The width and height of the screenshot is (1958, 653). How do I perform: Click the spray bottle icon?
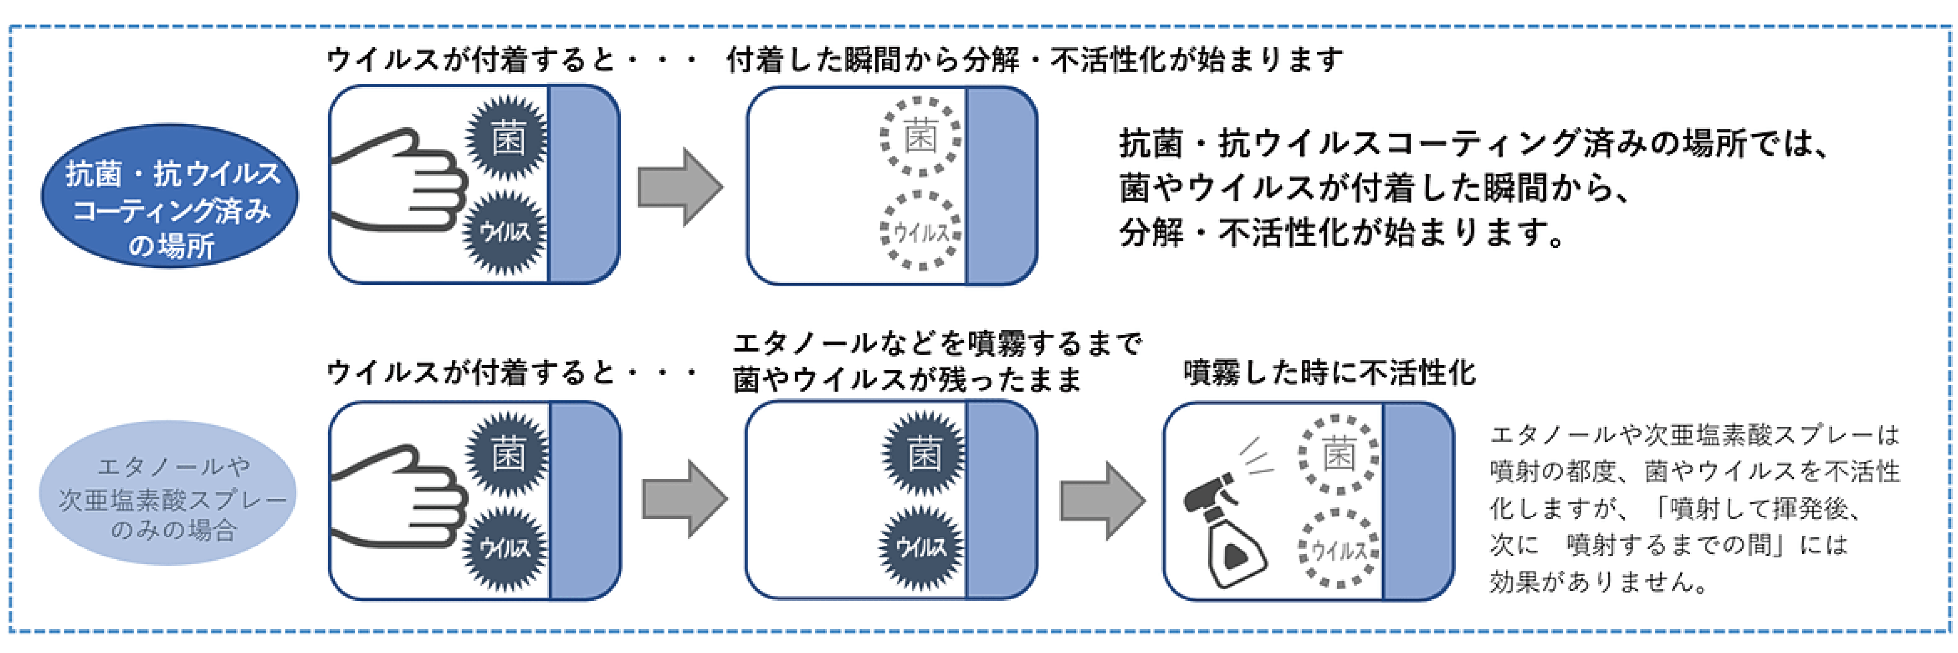1224,524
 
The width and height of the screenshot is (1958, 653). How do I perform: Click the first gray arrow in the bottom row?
684,500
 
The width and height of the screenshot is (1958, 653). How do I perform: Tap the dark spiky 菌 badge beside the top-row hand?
507,139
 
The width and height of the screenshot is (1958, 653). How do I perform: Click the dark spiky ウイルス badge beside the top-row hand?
506,232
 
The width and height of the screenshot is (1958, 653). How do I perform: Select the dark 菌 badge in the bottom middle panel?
924,455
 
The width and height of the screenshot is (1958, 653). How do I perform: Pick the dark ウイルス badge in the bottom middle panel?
921,547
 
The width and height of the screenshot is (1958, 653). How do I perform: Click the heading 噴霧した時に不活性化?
1329,373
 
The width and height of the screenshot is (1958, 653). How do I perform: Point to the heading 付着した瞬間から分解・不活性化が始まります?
1034,59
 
